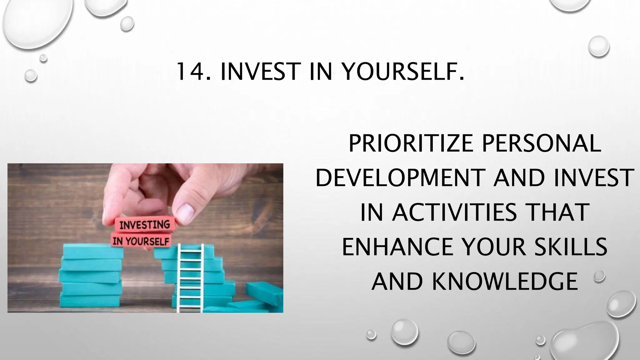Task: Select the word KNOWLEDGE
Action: point(504,281)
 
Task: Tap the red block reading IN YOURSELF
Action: point(141,241)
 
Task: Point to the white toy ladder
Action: point(190,278)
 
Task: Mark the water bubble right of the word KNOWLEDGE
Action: point(599,277)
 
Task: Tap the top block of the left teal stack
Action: point(93,252)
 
